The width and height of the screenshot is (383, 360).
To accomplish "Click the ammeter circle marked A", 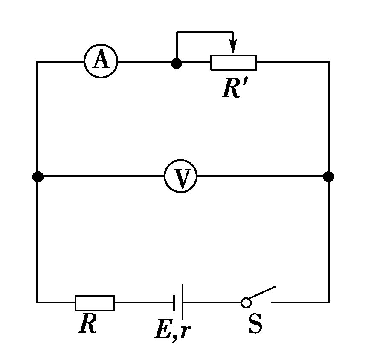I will point(101,61).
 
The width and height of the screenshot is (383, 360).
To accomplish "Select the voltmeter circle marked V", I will point(180,176).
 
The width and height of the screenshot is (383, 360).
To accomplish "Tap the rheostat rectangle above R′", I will point(234,63).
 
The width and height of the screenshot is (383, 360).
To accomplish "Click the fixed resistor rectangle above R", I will point(95,302).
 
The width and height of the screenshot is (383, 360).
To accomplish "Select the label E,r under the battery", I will point(171,330).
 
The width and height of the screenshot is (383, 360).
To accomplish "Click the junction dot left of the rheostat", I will point(176,63).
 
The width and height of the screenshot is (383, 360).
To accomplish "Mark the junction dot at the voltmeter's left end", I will point(38,176).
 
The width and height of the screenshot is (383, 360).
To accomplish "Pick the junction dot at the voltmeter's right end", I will point(328,176).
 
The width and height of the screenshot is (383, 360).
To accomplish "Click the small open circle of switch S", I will point(246,302).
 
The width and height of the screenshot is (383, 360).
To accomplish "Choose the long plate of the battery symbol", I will point(183,302).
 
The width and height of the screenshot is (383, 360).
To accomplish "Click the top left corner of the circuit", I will point(37,62).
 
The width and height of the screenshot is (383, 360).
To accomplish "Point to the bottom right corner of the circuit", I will point(329,302).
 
